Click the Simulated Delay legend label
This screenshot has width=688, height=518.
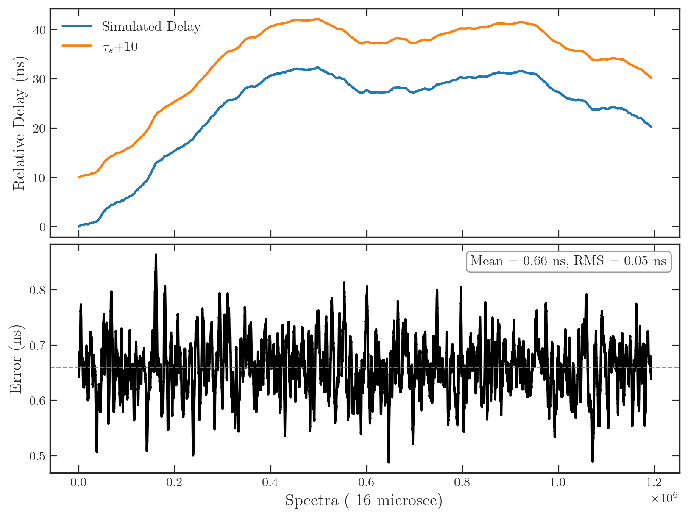click(x=151, y=27)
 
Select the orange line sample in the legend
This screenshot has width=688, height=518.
click(x=77, y=46)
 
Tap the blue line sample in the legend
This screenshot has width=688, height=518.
click(x=77, y=26)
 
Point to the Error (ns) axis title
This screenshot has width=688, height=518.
click(x=16, y=359)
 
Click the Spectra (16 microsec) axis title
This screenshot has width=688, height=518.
click(x=363, y=500)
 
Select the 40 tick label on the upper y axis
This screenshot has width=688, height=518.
click(x=39, y=30)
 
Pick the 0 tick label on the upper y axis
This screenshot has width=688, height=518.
click(x=43, y=227)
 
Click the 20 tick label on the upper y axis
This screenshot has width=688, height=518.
click(x=39, y=128)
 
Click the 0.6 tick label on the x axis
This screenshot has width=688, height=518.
click(x=366, y=482)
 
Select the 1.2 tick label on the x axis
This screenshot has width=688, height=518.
click(x=654, y=482)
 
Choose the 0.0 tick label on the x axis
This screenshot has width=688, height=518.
click(x=78, y=482)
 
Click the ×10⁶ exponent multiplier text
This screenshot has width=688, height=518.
click(x=664, y=498)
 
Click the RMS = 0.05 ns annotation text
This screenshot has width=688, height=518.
click(x=620, y=261)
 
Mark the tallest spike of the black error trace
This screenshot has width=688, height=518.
click(x=156, y=255)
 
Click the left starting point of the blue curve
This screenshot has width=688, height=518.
click(x=79, y=227)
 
